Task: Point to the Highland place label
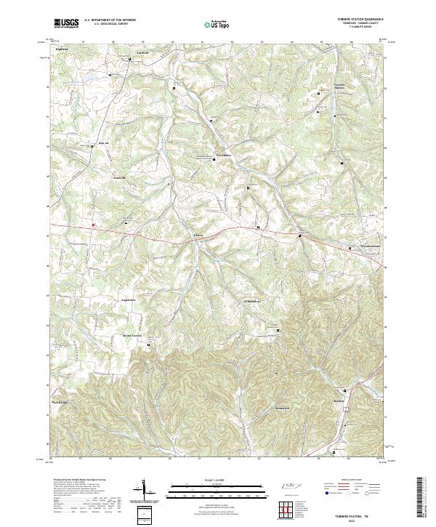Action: pyautogui.click(x=62, y=49)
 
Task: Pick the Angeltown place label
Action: pyautogui.click(x=128, y=299)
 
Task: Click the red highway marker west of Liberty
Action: pyautogui.click(x=93, y=225)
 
